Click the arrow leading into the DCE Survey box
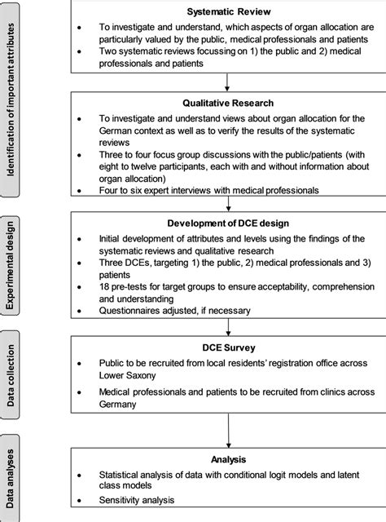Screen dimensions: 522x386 224,324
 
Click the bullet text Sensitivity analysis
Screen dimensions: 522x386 140,500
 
